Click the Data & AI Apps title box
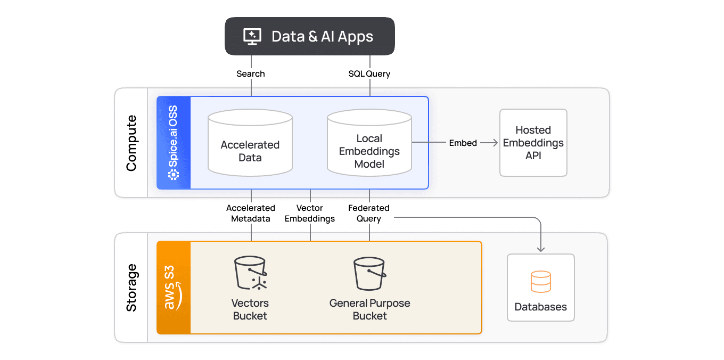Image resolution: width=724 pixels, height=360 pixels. coord(309,36)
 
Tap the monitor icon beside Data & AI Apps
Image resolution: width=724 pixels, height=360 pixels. coord(252,36)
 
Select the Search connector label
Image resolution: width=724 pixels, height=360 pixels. coord(250,74)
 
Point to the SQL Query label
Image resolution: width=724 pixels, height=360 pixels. coord(369,74)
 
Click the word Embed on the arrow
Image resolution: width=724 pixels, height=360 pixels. coord(463,143)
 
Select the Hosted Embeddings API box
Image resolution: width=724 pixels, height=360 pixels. coord(533,143)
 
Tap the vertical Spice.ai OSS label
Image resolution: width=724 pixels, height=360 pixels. coord(173,143)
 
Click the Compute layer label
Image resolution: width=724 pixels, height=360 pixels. coord(131,143)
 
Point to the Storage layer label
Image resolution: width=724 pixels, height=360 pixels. coord(131,288)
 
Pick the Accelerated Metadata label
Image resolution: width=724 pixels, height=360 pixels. coord(250,213)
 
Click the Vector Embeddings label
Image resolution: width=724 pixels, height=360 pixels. coord(310,213)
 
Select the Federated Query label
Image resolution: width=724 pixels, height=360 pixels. coord(368,213)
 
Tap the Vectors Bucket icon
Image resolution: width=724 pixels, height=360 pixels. coord(250,274)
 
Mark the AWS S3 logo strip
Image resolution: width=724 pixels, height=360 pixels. coord(173,288)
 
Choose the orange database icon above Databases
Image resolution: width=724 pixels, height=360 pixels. coord(540,282)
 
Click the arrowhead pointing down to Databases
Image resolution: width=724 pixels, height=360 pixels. coord(540,248)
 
